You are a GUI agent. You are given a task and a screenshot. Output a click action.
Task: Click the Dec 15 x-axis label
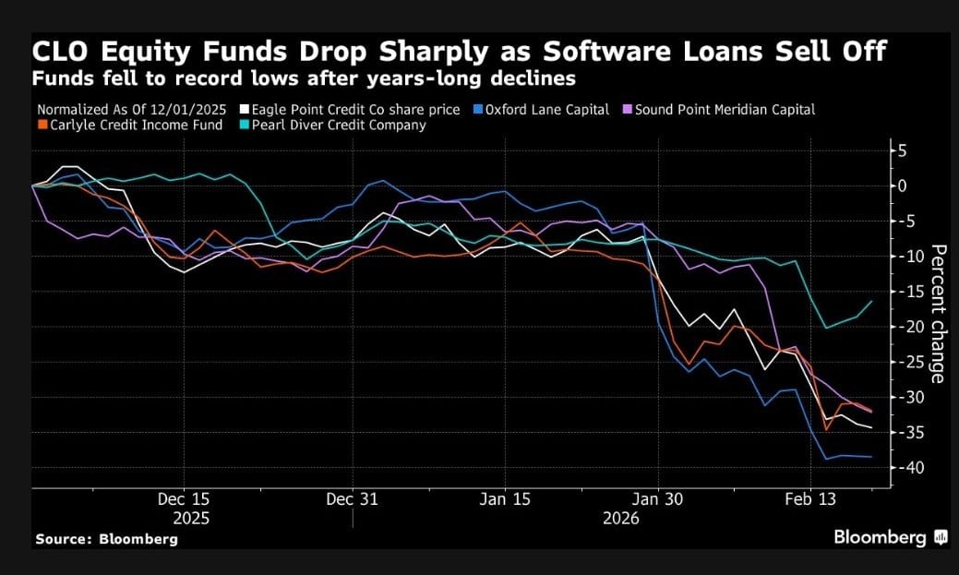coord(183,499)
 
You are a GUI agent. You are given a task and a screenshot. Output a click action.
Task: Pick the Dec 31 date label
coord(353,499)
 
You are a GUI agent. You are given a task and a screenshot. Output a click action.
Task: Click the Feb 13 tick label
coord(810,499)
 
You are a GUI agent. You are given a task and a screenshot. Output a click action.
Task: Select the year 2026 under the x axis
coord(620,519)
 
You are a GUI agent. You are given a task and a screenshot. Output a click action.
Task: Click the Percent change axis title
coord(937,314)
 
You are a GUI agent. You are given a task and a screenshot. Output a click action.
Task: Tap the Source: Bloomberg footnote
coord(106,539)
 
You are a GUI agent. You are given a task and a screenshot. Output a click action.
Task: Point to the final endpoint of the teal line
coord(871,301)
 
